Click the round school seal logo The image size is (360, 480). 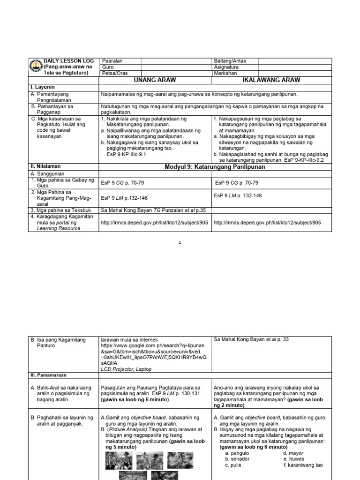[x=36, y=67]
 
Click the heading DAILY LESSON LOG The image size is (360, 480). [x=69, y=61]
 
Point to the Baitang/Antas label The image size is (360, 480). [x=229, y=61]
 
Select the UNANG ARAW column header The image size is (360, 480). [x=155, y=80]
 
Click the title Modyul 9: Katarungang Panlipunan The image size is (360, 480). [x=215, y=167]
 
